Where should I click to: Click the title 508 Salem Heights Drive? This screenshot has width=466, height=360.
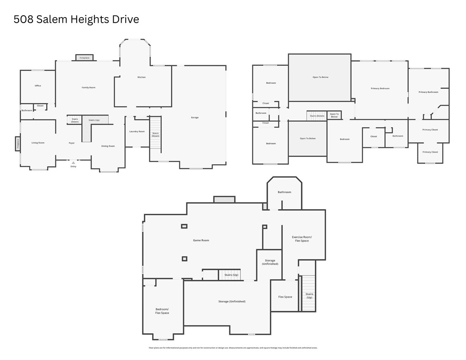pos(76,19)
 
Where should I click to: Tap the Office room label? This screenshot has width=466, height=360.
pos(38,86)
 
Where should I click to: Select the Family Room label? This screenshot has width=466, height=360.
pos(89,87)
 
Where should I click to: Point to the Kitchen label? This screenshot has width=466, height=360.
pos(141,77)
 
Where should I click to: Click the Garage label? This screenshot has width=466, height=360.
pos(195,118)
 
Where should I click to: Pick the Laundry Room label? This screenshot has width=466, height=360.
pos(137,131)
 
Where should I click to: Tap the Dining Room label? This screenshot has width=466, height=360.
pos(108,146)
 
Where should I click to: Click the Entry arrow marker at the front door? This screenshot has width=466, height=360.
pos(73,163)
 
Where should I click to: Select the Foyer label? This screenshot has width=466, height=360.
pos(72,143)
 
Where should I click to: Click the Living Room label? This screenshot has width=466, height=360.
pos(38,143)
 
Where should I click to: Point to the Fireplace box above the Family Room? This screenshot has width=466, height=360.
pos(85,58)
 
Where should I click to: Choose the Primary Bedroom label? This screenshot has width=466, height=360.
pos(380,88)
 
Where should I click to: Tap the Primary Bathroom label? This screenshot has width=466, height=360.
pos(428,92)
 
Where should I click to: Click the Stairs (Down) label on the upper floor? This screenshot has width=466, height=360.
pos(317,116)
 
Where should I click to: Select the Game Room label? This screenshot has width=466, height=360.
pos(201,240)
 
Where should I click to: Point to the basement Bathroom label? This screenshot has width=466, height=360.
pos(284,192)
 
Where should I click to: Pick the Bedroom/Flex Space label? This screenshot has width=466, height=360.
pos(162,311)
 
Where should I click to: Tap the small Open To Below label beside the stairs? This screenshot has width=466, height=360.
pos(334,115)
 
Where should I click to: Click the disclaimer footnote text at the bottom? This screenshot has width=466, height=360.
pos(233,348)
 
